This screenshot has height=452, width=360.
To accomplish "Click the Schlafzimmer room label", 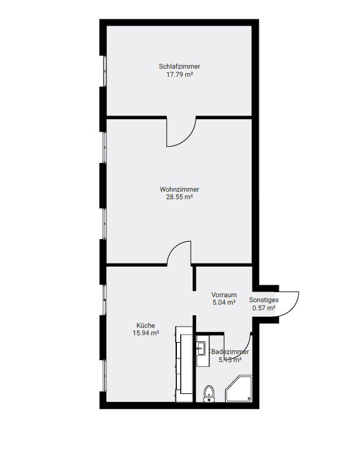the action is click(x=179, y=66).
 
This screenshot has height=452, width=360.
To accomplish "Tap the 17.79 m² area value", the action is click(x=179, y=74).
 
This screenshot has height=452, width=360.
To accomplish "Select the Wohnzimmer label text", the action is click(x=179, y=189).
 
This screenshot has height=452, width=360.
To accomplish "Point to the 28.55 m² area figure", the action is click(x=179, y=197).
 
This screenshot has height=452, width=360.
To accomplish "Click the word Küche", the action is click(x=146, y=325).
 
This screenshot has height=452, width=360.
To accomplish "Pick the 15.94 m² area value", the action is click(x=146, y=333).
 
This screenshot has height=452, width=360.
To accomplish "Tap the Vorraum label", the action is click(x=224, y=295).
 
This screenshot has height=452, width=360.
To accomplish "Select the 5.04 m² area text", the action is click(x=224, y=302).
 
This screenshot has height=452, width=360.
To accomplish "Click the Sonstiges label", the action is click(x=264, y=300).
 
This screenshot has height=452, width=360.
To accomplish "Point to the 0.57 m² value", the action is click(x=264, y=308).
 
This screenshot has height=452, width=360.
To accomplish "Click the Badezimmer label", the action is click(x=230, y=351).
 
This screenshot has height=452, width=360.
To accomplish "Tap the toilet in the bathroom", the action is click(x=209, y=393).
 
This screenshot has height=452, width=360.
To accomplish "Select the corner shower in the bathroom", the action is click(x=239, y=388).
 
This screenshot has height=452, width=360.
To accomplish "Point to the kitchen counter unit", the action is click(x=184, y=364).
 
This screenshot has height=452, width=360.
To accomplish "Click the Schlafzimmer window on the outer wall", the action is click(x=105, y=71).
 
